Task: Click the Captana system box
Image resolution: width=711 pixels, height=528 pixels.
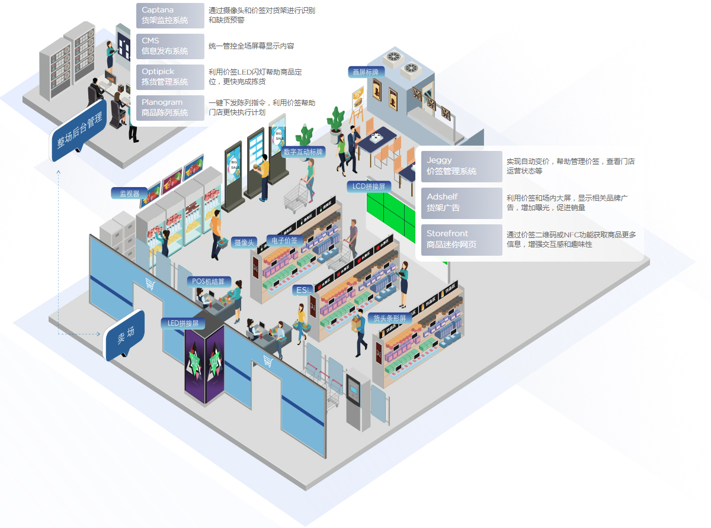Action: tap(170, 15)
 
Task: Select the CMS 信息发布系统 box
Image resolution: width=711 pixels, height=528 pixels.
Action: tap(170, 46)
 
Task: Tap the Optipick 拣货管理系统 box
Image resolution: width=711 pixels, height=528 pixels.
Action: tap(170, 76)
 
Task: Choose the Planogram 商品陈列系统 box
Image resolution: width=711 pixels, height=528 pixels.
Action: tap(170, 107)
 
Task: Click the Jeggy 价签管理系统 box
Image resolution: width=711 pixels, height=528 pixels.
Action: tap(461, 166)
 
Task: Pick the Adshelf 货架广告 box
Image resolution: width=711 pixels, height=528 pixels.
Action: tap(461, 202)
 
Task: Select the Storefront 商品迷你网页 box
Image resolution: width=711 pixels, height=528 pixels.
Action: tap(461, 239)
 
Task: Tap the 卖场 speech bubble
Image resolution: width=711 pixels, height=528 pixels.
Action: tap(125, 335)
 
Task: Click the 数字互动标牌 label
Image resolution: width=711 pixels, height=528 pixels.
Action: tap(303, 152)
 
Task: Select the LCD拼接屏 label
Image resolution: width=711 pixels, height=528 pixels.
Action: tap(369, 186)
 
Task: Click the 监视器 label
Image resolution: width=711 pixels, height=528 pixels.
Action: tap(129, 193)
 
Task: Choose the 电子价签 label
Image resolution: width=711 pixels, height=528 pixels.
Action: tap(284, 240)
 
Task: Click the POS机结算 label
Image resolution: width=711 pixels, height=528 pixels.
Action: tap(209, 282)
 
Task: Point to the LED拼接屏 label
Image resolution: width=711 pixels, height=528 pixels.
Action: tap(182, 323)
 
